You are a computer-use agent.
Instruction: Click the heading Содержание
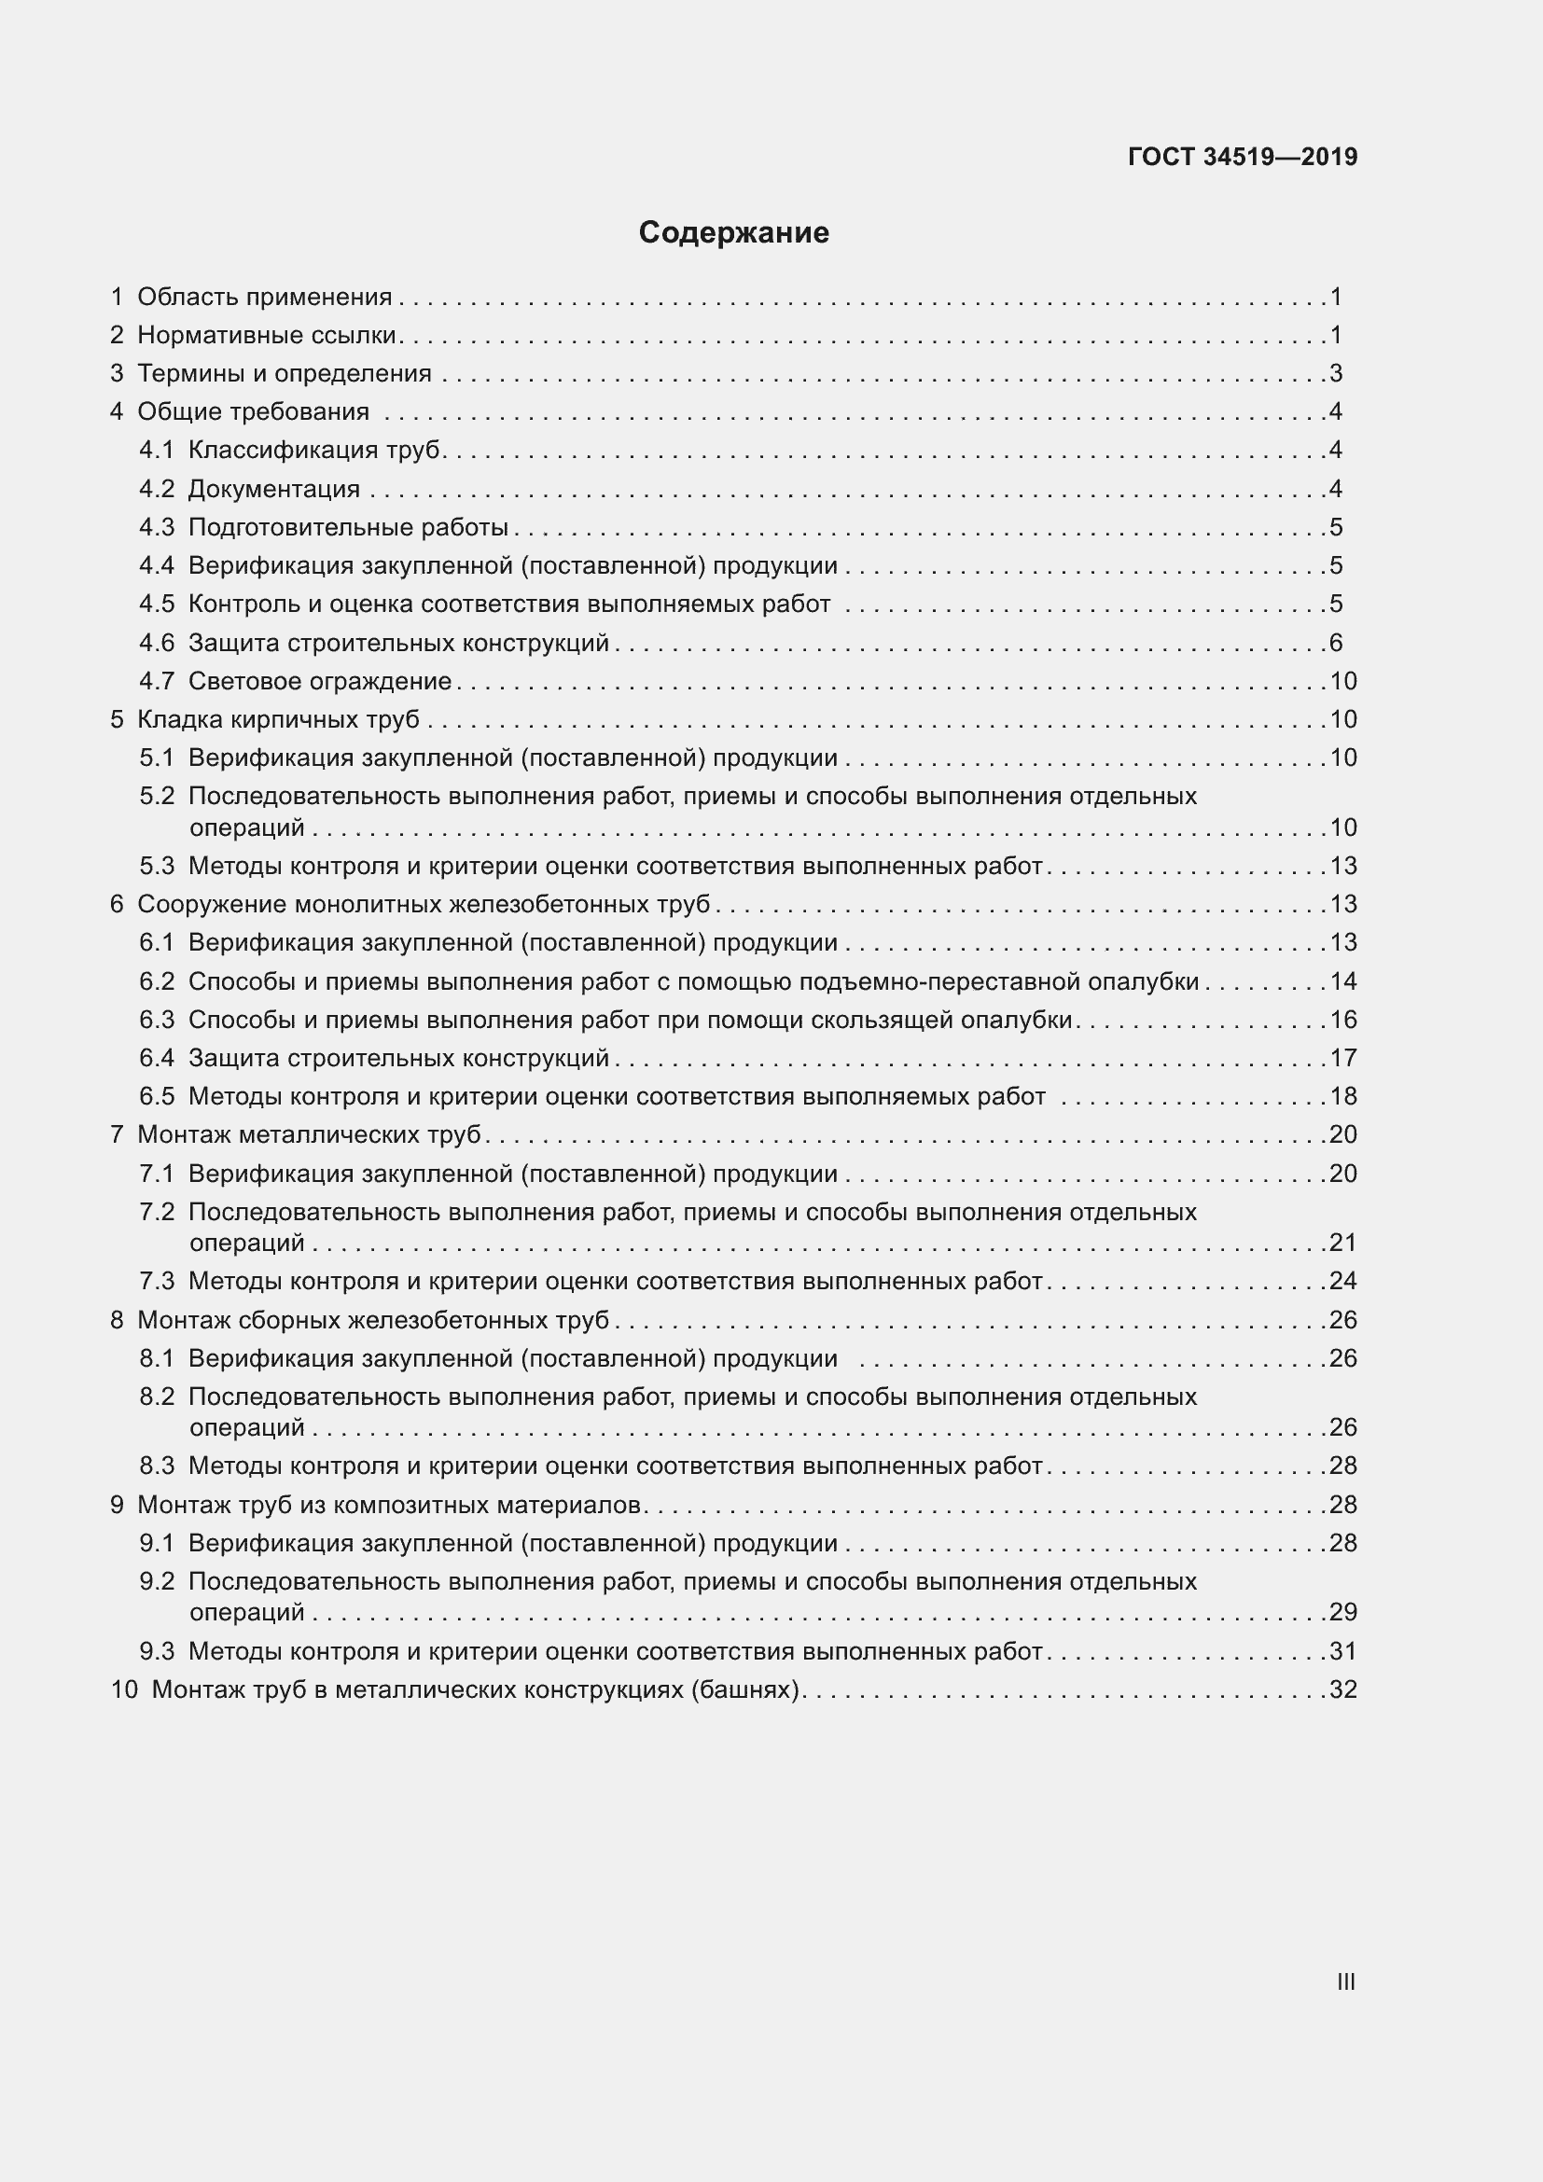(x=733, y=233)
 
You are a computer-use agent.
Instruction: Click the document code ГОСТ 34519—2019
(x=1242, y=157)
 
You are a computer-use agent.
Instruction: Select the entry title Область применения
(x=264, y=298)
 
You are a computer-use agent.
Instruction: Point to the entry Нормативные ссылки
(x=267, y=336)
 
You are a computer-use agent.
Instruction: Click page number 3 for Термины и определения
(x=1336, y=373)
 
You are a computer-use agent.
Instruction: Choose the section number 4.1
(x=157, y=450)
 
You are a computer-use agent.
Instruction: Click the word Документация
(x=273, y=490)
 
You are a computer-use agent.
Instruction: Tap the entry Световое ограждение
(x=319, y=681)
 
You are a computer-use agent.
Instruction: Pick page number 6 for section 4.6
(x=1336, y=644)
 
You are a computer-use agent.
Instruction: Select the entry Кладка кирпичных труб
(x=278, y=719)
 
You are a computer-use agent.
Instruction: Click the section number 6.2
(x=157, y=981)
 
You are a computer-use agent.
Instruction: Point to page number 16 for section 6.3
(x=1343, y=1020)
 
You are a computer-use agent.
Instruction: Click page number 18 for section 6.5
(x=1343, y=1097)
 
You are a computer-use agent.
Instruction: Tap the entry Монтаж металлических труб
(x=309, y=1134)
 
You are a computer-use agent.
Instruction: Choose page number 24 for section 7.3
(x=1343, y=1281)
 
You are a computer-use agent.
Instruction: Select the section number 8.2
(x=157, y=1397)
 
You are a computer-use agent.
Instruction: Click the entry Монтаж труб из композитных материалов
(x=390, y=1506)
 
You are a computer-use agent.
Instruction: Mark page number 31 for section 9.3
(x=1343, y=1652)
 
